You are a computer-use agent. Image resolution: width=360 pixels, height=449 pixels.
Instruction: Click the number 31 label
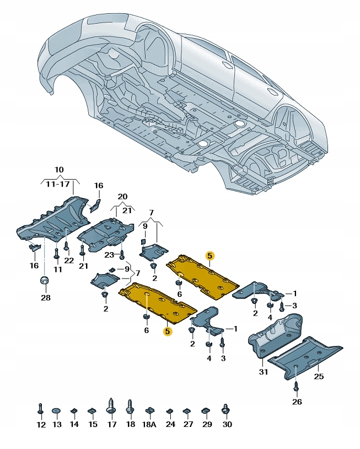263,372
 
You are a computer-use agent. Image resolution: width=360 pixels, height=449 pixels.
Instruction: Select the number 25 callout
319,376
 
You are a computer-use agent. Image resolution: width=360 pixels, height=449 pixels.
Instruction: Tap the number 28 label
45,298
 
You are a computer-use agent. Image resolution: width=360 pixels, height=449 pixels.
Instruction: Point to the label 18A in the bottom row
150,425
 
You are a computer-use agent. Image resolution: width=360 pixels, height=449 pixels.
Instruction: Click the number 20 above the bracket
122,197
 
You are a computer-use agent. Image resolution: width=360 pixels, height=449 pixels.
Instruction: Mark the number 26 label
297,402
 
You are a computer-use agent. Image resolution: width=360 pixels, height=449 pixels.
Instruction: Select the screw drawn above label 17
112,407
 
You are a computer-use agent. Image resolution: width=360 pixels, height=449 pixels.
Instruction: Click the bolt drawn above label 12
41,409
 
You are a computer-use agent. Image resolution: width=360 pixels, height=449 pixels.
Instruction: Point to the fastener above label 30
225,409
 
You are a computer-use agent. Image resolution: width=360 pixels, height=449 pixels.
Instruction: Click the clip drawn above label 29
206,410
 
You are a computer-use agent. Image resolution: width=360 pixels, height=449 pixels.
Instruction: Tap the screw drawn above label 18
131,408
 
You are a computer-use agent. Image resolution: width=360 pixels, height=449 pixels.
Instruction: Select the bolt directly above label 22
66,246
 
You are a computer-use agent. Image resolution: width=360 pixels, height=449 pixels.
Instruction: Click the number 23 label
109,254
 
